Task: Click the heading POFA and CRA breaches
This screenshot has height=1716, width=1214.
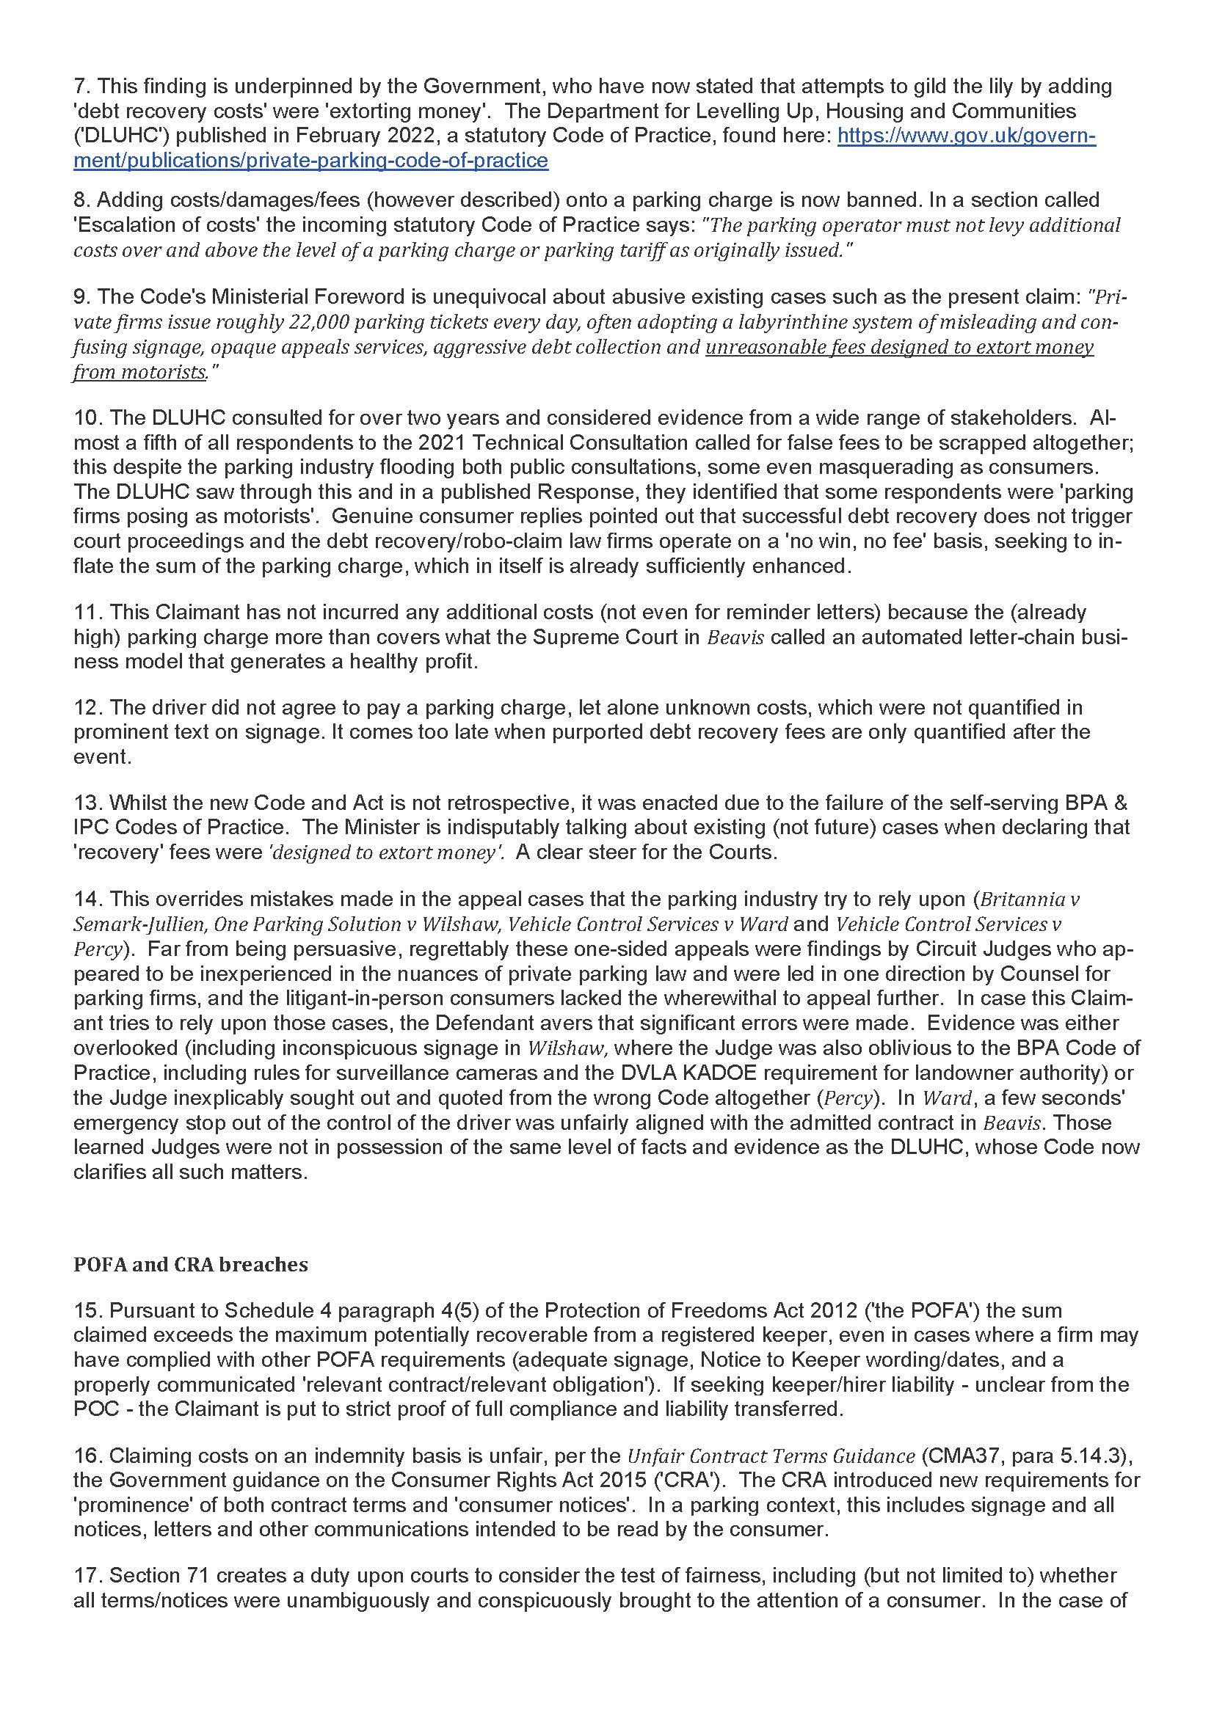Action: point(191,1265)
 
